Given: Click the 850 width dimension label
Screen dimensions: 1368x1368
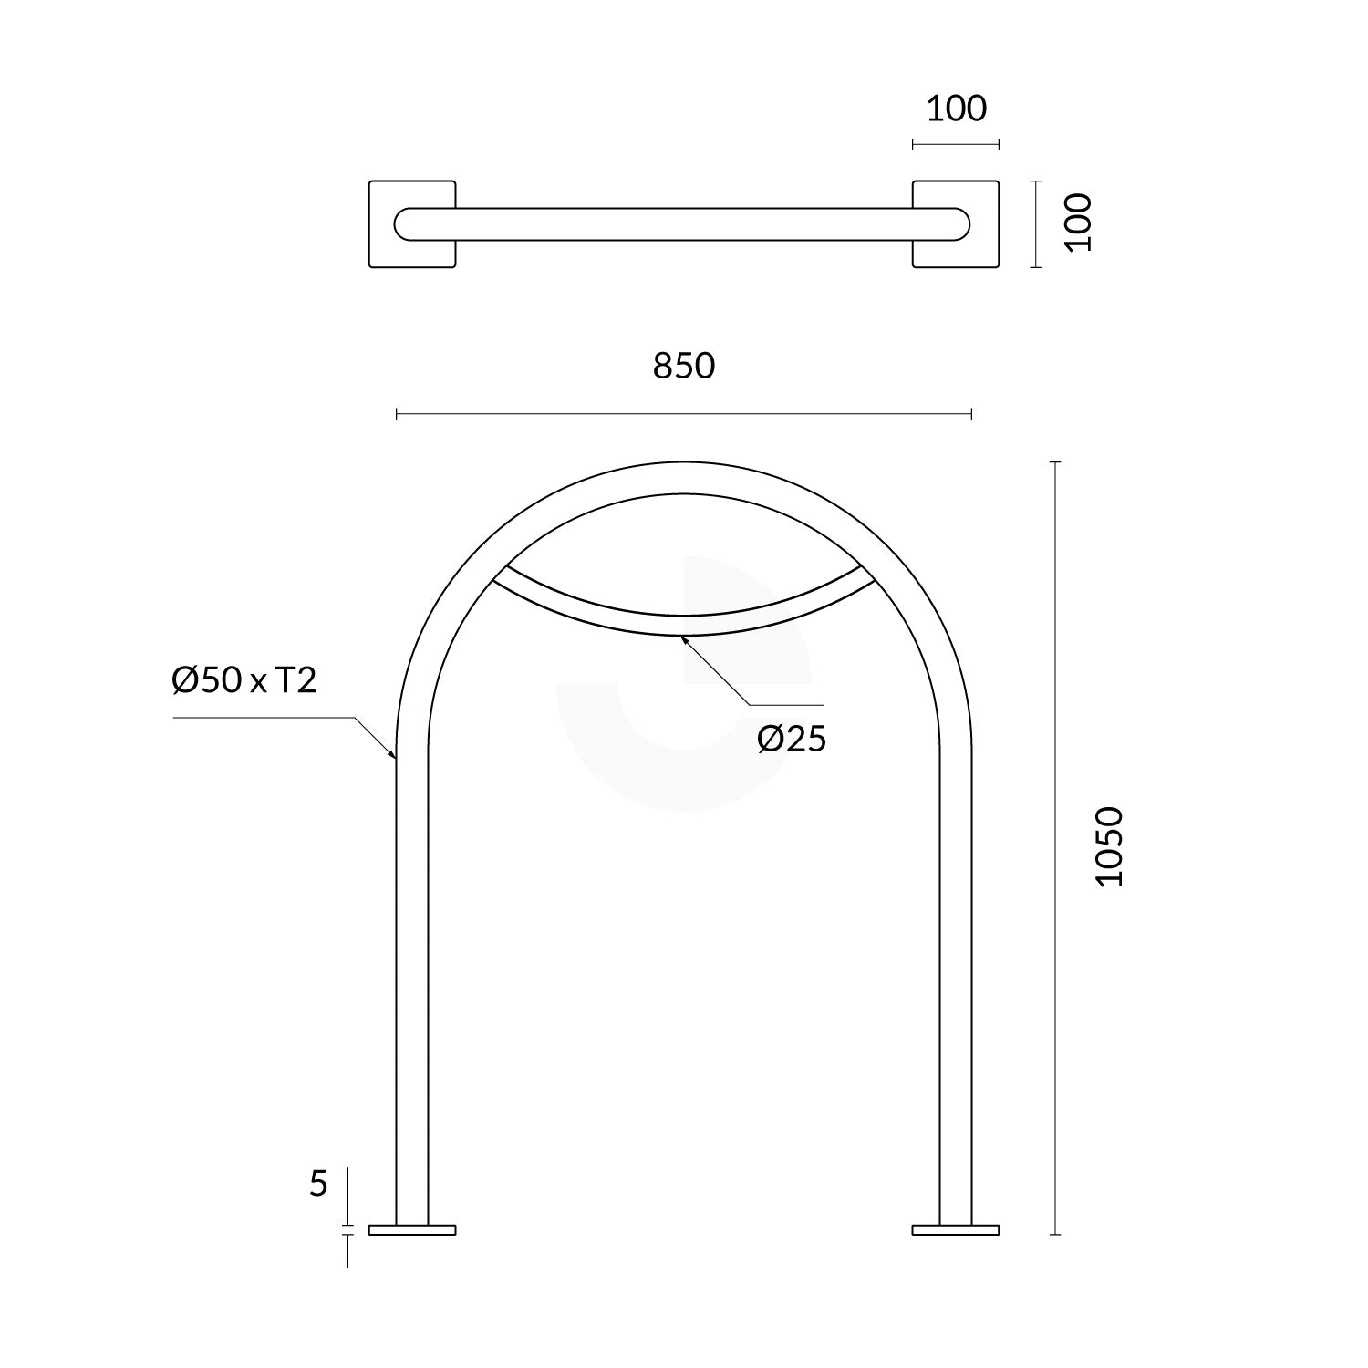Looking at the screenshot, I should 684,366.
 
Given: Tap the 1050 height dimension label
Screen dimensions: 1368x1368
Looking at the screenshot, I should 1111,846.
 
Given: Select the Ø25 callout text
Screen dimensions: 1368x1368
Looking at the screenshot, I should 792,740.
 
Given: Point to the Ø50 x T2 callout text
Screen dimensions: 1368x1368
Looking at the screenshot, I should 244,680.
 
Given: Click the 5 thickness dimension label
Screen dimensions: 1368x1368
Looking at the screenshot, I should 318,1184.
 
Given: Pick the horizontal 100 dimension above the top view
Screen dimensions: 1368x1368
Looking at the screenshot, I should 957,109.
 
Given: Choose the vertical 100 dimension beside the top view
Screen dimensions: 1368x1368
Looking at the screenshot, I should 1079,222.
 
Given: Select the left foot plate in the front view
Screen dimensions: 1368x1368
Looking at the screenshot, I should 411,1230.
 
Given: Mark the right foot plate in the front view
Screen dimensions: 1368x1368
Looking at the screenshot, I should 956,1230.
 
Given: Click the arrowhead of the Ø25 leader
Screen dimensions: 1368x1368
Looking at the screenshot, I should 684,638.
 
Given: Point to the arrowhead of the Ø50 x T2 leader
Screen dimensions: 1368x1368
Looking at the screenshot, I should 392,754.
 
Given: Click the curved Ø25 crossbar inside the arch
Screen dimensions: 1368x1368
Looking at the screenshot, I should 684,625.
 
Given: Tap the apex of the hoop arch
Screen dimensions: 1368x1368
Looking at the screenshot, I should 684,478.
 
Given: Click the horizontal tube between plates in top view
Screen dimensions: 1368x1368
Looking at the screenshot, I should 684,224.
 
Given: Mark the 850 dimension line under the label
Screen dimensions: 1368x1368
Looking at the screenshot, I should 684,415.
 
